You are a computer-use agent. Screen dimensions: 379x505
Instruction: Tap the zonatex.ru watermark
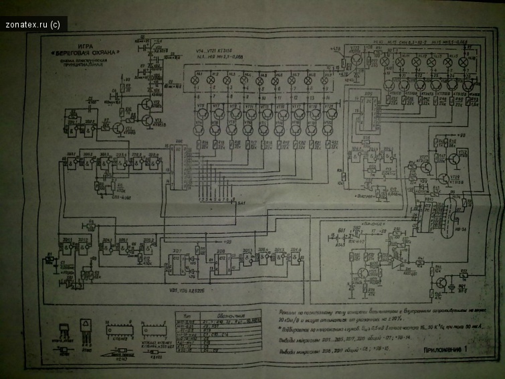33,25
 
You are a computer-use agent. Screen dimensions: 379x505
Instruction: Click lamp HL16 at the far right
467,62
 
